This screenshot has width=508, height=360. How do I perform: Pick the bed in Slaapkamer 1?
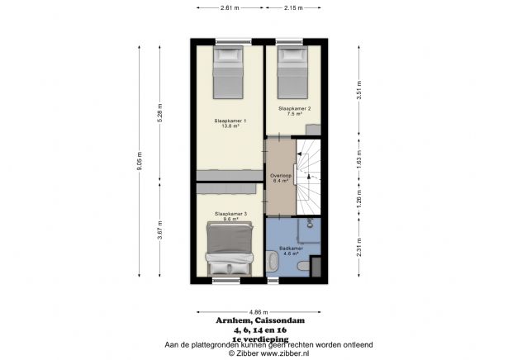click(229, 73)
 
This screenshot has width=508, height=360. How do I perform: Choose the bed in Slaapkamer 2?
click(292, 72)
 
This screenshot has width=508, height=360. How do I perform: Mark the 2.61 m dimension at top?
click(230, 8)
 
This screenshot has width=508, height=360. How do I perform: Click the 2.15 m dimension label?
click(292, 8)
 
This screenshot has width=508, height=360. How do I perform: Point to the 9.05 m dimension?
click(140, 160)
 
